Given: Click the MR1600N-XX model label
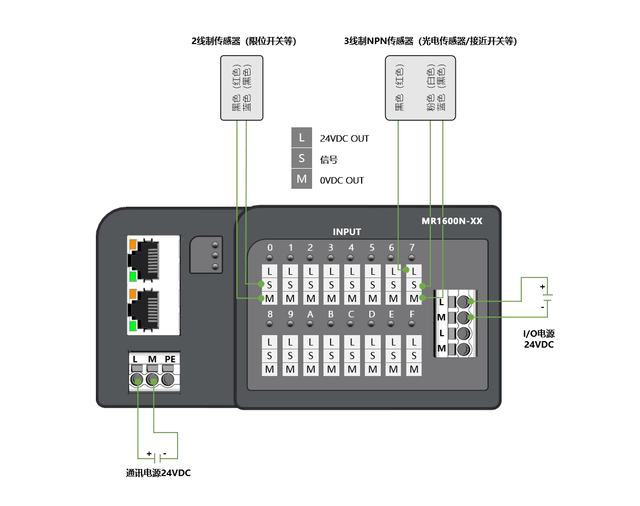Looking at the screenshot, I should (x=452, y=221).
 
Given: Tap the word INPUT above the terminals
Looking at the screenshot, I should (x=347, y=232).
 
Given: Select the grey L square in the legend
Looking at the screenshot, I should (x=301, y=138).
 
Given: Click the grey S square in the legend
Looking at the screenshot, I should (x=301, y=158).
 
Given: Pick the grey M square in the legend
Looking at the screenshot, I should (x=301, y=179).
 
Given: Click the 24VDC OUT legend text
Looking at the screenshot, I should (x=344, y=139).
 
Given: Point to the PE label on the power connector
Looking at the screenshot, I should (x=170, y=359).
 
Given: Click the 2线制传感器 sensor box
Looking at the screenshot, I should (x=241, y=88).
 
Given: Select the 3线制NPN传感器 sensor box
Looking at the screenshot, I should (x=420, y=88).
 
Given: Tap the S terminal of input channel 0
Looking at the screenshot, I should (x=269, y=285).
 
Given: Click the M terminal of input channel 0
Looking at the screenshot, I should (x=269, y=298).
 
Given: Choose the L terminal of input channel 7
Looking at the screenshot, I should (x=414, y=270).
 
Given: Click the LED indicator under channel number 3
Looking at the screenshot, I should (x=331, y=257).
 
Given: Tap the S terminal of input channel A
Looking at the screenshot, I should (x=310, y=356).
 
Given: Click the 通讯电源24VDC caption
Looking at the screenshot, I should (x=159, y=473).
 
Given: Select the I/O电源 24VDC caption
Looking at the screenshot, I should (x=539, y=339).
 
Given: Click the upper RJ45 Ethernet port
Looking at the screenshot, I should (x=153, y=258).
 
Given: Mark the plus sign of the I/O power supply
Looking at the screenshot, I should (x=542, y=287).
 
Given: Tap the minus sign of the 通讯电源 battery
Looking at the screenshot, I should (x=165, y=453).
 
